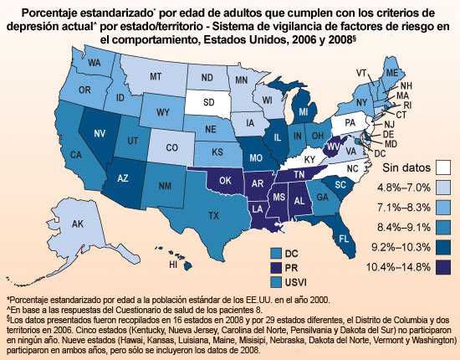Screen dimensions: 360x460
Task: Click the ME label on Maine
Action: pyautogui.click(x=389, y=73)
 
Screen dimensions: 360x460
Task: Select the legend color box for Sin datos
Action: pyautogui.click(x=442, y=168)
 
